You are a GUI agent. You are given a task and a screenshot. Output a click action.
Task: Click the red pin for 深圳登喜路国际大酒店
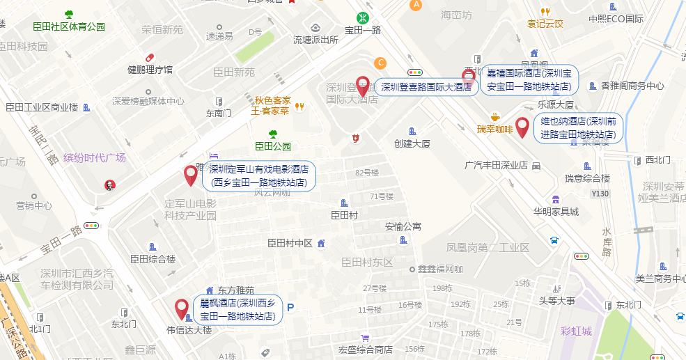tap(362, 86)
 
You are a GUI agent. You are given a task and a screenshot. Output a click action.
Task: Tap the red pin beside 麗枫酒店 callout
tap(182, 308)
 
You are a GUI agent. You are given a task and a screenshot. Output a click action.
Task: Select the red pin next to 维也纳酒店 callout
tap(522, 127)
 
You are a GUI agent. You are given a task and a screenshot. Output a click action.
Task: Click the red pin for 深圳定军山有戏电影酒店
tap(190, 175)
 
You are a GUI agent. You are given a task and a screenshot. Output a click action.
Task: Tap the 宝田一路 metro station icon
tap(363, 17)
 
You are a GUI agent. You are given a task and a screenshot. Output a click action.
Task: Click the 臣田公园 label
tap(272, 146)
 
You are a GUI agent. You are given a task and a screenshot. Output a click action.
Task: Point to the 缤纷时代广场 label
tap(94, 157)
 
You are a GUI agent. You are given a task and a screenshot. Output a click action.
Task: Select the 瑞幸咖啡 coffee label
tap(494, 129)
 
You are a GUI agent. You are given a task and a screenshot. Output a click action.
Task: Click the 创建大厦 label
tap(412, 144)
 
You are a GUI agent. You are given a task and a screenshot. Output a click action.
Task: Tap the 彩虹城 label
tap(576, 331)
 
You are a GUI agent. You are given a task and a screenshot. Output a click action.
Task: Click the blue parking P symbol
tap(291, 307)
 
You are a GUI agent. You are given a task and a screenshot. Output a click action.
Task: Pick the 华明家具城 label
tap(556, 211)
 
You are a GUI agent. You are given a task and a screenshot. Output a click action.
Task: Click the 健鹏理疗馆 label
tap(150, 70)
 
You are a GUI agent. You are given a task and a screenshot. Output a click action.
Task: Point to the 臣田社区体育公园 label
tap(69, 26)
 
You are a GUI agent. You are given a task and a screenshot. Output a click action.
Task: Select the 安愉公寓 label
tap(403, 226)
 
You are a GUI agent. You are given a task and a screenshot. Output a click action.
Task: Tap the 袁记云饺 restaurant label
tap(545, 23)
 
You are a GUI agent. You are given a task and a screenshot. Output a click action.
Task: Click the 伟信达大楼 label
tap(188, 330)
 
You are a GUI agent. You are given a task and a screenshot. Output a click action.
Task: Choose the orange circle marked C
tap(380, 63)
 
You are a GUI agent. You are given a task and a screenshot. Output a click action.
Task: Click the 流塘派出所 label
tap(315, 40)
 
